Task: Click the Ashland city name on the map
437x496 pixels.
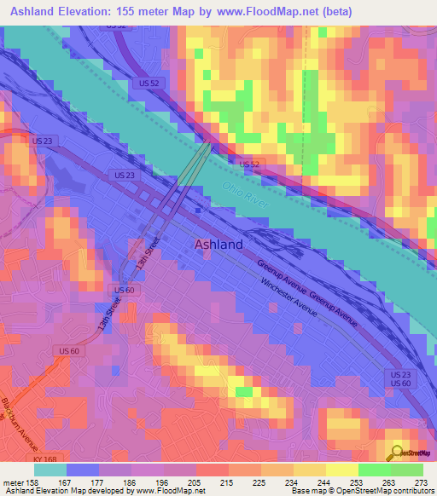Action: coord(218,244)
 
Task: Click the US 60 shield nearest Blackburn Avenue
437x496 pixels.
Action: coord(69,350)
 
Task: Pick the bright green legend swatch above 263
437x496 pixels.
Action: coord(374,469)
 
